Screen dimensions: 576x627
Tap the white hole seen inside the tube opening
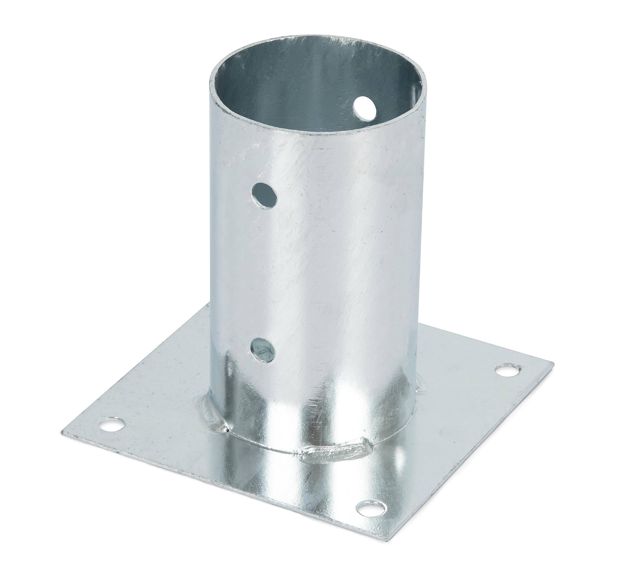pyautogui.click(x=365, y=108)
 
